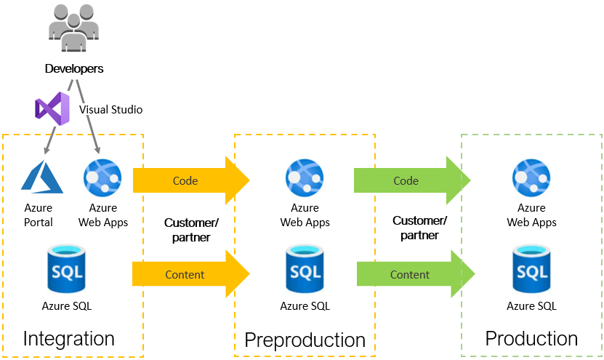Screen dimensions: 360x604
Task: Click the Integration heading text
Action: tap(69, 339)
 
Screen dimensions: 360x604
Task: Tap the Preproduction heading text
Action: tap(305, 340)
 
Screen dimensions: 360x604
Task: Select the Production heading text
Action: tap(531, 339)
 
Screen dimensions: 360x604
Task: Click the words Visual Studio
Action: tap(110, 110)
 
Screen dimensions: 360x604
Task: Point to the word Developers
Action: tap(74, 69)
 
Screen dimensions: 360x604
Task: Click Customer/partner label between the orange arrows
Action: tap(191, 229)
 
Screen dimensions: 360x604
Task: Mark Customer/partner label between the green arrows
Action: tap(419, 227)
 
